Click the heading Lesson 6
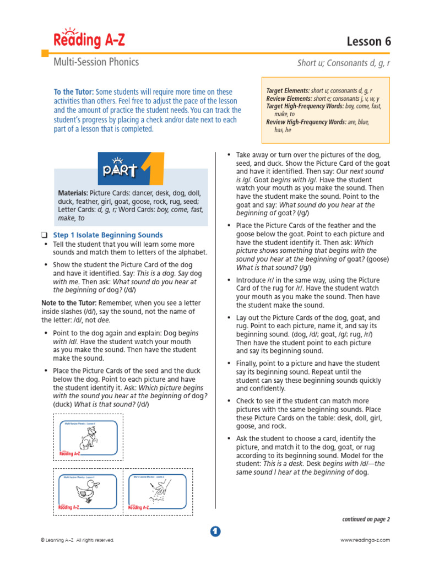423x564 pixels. pos(368,41)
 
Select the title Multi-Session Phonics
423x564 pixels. pos(96,62)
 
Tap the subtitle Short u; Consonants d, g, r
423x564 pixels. pos(343,63)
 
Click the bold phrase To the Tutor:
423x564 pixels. pos(74,92)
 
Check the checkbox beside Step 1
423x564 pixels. pos(45,235)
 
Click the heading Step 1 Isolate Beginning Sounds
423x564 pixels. pos(108,235)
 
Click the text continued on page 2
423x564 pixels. pos(366,519)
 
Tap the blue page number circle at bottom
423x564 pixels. pos(215,531)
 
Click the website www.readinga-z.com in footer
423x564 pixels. pos(365,540)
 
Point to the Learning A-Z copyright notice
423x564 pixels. pos(78,540)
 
